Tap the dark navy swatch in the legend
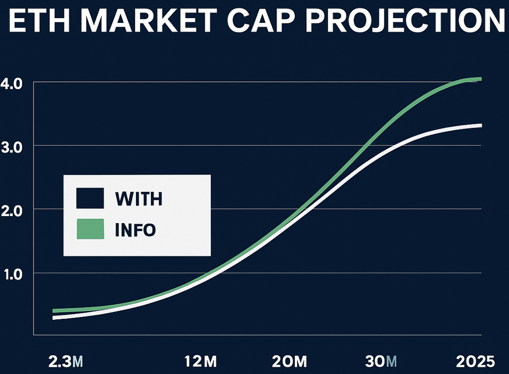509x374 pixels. [x=90, y=198]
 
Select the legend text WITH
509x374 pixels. [x=139, y=199]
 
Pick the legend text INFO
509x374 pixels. [x=135, y=230]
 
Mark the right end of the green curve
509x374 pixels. [x=480, y=79]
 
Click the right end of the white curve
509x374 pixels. [x=480, y=125]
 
